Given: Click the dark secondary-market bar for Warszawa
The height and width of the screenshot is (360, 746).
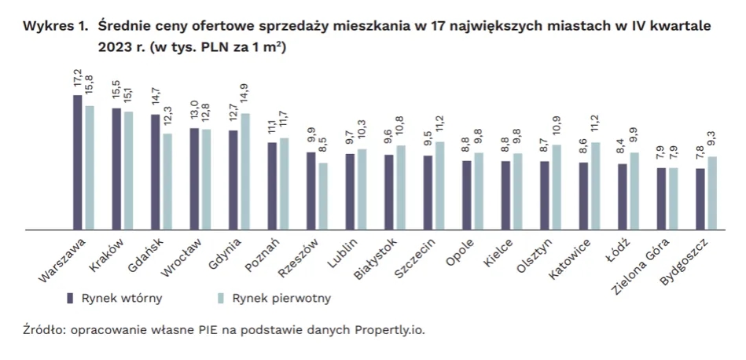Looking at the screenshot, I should [x=78, y=162].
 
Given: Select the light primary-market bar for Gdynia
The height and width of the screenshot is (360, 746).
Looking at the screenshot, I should [x=245, y=171].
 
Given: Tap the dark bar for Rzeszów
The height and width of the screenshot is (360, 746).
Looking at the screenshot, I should [x=311, y=190].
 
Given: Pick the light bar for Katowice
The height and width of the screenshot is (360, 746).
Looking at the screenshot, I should [x=595, y=186].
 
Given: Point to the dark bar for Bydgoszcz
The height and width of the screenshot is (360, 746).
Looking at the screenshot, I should [x=700, y=199].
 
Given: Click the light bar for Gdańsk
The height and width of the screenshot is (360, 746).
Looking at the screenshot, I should [x=167, y=181].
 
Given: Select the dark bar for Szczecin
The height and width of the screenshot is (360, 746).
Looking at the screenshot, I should [x=428, y=192].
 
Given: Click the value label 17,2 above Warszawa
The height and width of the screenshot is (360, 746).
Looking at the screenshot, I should [x=78, y=79].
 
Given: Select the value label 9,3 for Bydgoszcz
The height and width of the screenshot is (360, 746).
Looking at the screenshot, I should [x=712, y=141].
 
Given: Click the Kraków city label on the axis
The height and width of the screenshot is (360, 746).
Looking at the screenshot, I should [x=106, y=255].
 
